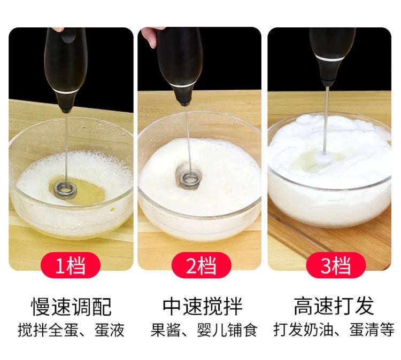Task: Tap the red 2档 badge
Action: [x=200, y=265]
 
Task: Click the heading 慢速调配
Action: [x=71, y=307]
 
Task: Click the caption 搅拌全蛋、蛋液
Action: [x=71, y=330]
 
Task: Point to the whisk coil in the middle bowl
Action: [x=190, y=178]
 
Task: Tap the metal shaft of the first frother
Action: [x=66, y=144]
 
